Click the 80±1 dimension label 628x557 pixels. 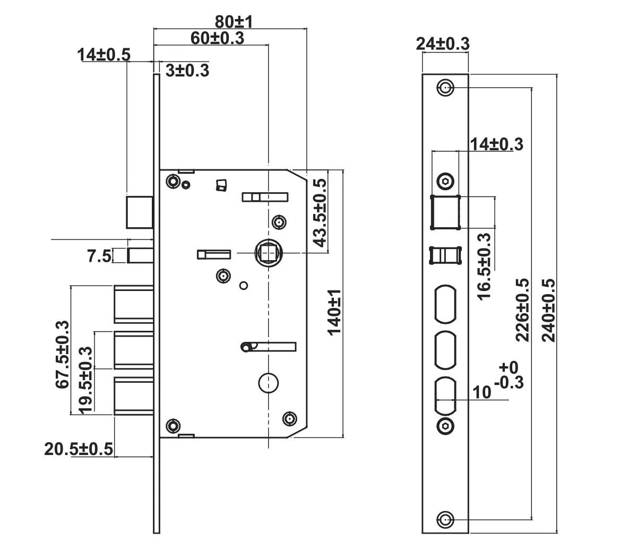234,22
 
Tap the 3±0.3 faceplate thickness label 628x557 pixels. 187,70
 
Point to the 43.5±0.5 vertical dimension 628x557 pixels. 320,212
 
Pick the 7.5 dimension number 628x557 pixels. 99,256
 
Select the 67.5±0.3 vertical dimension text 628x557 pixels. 63,354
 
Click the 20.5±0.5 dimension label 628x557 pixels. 79,449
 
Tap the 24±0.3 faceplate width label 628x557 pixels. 442,44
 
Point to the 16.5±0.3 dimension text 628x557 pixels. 484,266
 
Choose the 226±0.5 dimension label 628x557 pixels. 522,310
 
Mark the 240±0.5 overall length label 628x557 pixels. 548,310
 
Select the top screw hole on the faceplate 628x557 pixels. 445,88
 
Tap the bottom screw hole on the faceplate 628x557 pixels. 445,519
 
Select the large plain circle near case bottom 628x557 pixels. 269,383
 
